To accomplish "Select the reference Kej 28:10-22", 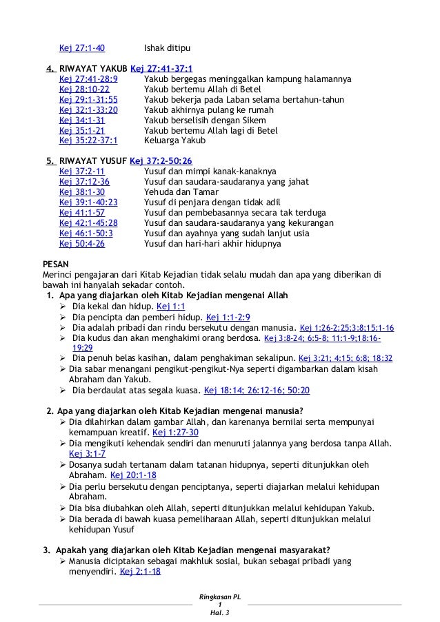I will tap(84, 90).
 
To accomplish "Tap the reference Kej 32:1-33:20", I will tap(88, 110).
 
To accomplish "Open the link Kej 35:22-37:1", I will tap(88, 140).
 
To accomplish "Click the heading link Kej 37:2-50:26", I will tap(159, 161).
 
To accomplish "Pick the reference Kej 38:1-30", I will tap(82, 192).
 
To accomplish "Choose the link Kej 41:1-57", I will tap(82, 213).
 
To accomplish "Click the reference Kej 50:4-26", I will tap(82, 243).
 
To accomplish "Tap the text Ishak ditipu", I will tap(167, 48).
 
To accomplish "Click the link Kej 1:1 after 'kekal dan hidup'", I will tap(171, 306).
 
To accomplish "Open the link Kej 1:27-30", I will tap(175, 432).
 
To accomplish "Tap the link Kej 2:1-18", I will tap(140, 571).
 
